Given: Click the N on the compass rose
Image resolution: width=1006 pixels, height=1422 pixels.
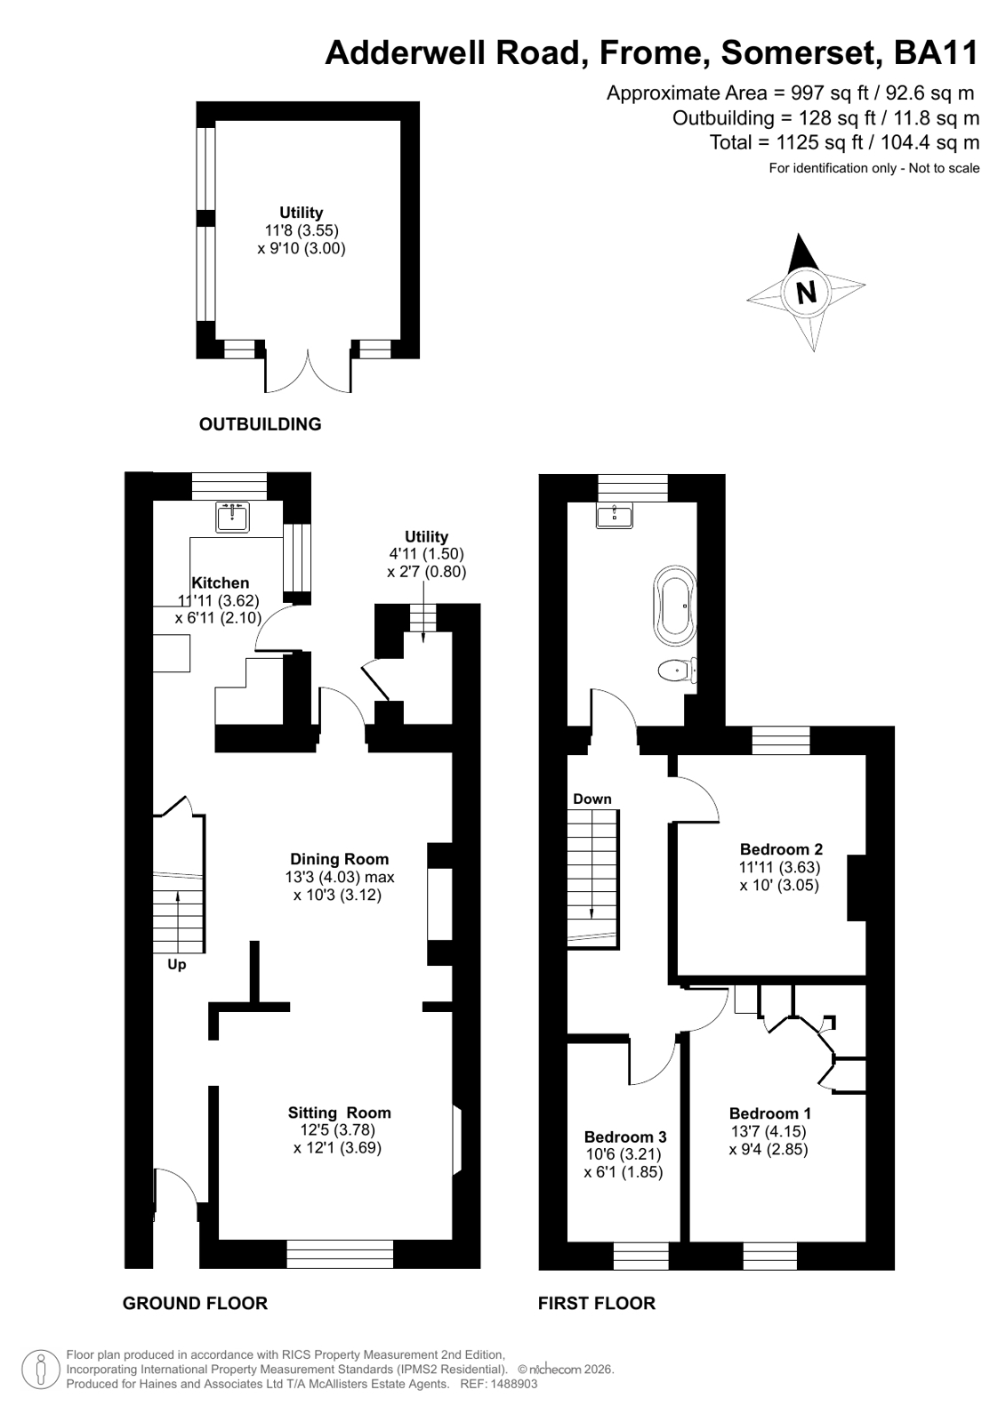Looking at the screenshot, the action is tap(806, 293).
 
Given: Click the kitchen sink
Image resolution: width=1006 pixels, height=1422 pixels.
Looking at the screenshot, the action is tap(232, 517).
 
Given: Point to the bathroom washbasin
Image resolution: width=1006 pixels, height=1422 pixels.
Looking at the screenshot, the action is tap(614, 516).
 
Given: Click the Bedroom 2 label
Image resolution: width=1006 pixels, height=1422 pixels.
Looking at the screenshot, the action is tap(781, 848).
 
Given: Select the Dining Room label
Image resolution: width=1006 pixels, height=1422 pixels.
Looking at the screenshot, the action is tap(339, 859).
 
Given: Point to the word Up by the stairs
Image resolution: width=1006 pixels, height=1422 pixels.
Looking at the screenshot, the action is tap(176, 964).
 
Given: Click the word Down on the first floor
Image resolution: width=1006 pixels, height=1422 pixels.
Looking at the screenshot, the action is tap(592, 799).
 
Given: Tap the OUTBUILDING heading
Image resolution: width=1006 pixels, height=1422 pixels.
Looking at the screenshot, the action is tap(261, 424).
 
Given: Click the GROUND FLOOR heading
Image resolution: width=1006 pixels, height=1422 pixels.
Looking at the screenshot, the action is tap(195, 1304).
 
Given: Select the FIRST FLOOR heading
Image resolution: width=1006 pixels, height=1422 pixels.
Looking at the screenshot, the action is tap(596, 1304).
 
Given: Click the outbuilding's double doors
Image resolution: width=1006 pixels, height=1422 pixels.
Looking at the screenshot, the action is tap(308, 371).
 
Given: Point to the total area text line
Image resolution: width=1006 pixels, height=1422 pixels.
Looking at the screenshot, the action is tap(845, 142).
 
